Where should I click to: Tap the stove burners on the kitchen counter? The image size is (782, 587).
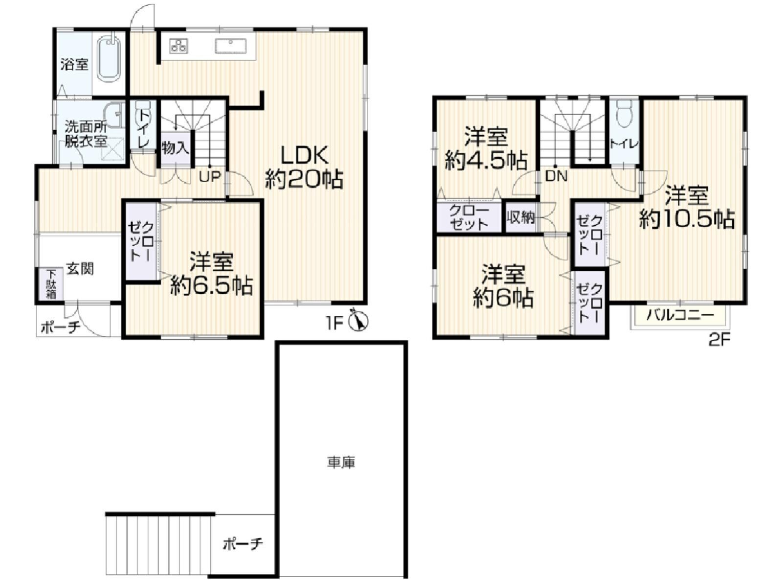point(179,46)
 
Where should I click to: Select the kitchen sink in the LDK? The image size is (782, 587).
point(230,46)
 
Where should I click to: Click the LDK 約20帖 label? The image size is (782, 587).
point(304,167)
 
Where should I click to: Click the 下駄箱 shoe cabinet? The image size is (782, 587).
point(51,284)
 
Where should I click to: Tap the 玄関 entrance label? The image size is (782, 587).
point(81,269)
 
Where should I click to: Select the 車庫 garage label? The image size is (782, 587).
point(341,463)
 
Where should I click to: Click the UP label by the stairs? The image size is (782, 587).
point(210,177)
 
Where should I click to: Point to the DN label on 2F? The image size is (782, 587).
point(556,176)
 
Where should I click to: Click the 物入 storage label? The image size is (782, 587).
point(175,148)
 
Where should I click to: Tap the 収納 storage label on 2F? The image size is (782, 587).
point(521,217)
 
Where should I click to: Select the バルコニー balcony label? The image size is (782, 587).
point(680,315)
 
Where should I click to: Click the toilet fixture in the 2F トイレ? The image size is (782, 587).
point(624,114)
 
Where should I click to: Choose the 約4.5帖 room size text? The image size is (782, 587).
point(486,162)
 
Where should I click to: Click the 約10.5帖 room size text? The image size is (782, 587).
point(687,218)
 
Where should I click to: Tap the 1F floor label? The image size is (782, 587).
point(335,323)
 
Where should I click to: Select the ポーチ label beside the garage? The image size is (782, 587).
point(243,544)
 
